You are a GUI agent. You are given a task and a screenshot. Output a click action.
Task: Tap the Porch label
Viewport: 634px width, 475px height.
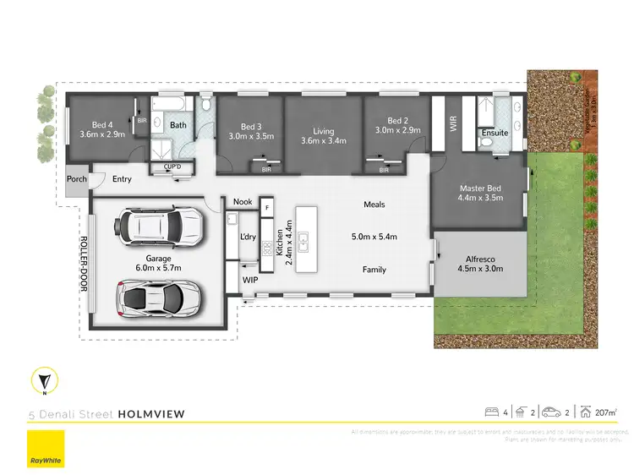coord(77,179)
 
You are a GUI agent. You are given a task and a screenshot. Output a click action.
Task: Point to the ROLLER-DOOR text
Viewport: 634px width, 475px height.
coord(85,263)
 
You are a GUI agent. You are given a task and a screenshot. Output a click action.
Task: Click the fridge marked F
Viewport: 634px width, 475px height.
coord(266,207)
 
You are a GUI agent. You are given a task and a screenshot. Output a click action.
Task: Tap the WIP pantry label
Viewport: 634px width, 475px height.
coord(250,280)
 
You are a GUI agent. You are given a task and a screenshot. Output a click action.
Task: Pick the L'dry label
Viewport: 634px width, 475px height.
coord(248,237)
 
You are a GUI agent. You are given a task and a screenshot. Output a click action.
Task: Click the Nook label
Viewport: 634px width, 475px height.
coord(243,202)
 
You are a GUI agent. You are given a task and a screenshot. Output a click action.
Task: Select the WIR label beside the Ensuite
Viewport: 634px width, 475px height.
coord(454,124)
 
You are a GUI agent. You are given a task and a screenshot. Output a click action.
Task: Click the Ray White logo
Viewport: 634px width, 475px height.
coord(46,449)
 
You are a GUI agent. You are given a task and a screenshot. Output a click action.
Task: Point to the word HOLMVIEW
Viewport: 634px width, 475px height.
coord(151,414)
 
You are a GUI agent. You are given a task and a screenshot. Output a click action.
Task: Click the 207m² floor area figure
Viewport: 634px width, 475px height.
coord(605,412)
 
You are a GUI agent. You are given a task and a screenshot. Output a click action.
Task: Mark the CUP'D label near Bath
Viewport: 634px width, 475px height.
coord(172,167)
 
